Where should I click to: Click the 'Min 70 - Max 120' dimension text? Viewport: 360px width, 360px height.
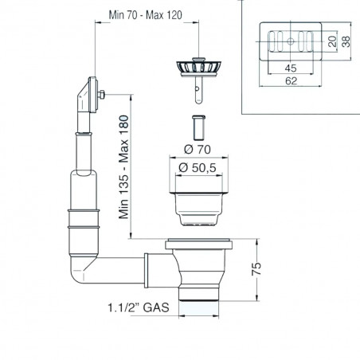(x=146, y=15)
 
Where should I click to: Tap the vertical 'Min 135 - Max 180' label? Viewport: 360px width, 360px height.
(x=124, y=166)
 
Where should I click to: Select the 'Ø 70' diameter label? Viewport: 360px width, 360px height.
(x=198, y=150)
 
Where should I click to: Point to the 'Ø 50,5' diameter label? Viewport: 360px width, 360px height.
(x=198, y=167)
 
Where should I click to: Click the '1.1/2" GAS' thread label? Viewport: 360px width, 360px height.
(x=139, y=307)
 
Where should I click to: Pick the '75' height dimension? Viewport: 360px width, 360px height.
(x=256, y=268)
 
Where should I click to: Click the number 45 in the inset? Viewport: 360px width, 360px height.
(x=291, y=68)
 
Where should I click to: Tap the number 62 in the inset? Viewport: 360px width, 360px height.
(x=291, y=80)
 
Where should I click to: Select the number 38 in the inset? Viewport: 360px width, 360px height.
(x=346, y=41)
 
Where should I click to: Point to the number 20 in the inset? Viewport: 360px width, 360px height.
(x=332, y=41)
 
